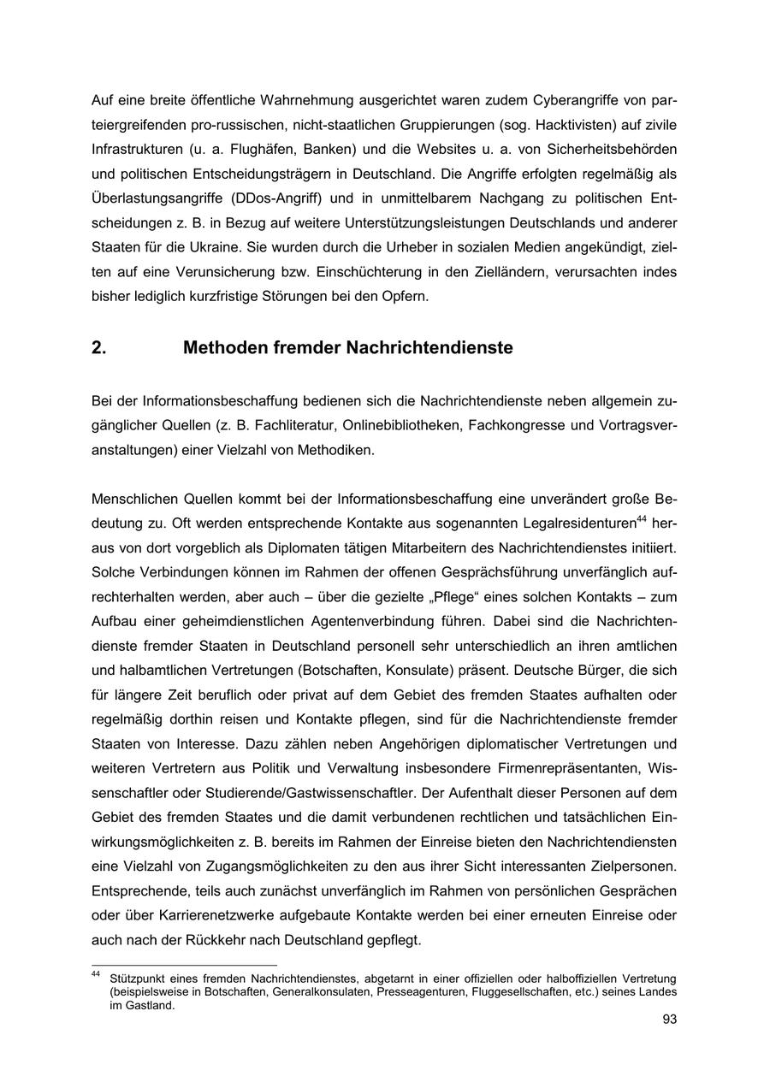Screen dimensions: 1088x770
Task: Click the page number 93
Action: [669, 1020]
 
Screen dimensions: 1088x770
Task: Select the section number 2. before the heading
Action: [98, 348]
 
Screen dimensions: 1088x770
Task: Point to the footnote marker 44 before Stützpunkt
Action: [96, 974]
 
